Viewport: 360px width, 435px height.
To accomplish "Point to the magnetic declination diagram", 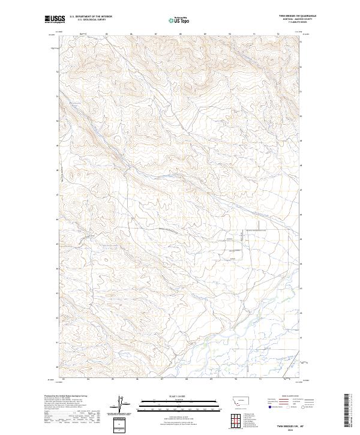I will [x=121, y=404].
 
